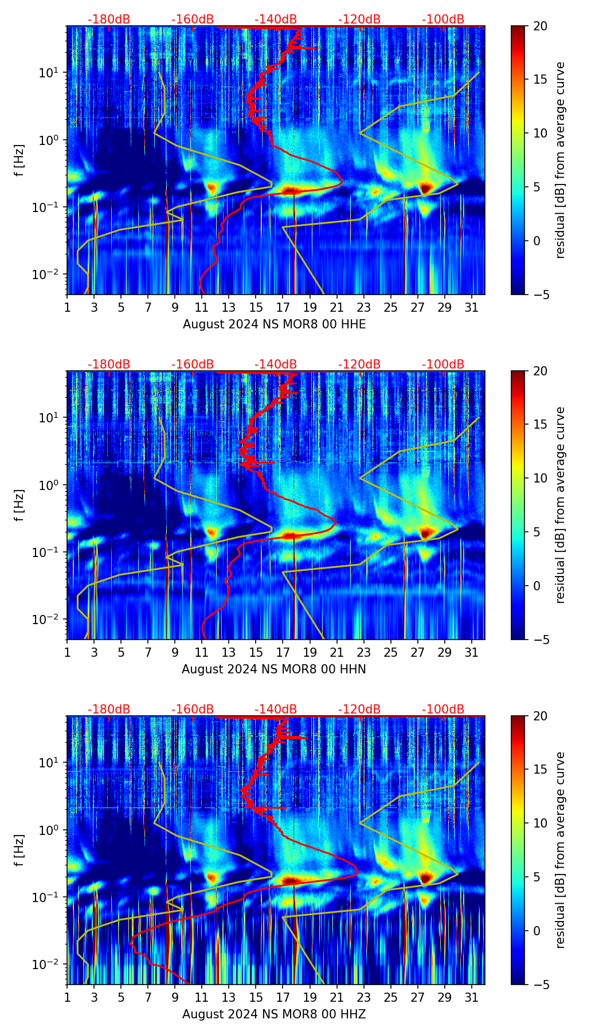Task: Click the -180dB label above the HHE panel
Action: click(109, 19)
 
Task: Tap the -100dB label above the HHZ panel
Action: click(443, 709)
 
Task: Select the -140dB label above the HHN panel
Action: click(276, 364)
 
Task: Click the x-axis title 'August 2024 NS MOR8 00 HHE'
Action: click(274, 324)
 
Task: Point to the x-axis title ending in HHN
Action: click(274, 669)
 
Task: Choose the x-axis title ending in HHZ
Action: click(274, 1014)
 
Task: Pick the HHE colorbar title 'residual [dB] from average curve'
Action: click(560, 160)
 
